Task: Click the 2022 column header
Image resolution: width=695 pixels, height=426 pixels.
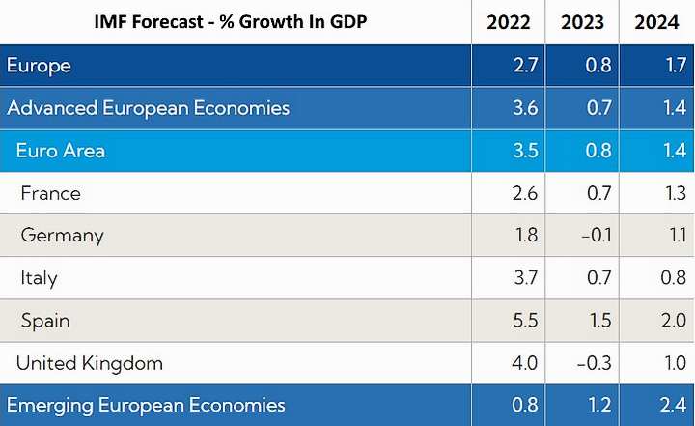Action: tap(508, 22)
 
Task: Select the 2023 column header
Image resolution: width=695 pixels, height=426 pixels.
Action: tap(582, 22)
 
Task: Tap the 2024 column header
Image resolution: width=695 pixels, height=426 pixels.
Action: tap(657, 22)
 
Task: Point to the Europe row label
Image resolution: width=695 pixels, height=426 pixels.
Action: tap(39, 66)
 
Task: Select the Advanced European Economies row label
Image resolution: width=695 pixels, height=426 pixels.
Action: tap(148, 108)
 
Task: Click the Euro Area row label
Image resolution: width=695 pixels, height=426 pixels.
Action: tap(61, 151)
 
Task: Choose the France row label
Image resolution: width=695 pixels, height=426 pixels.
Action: tap(50, 193)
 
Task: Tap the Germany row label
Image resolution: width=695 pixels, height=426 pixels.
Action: tap(62, 236)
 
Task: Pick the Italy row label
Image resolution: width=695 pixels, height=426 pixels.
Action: tap(39, 278)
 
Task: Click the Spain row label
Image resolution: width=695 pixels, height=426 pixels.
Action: tap(45, 321)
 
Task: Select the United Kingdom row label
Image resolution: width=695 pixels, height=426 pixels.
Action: tap(90, 363)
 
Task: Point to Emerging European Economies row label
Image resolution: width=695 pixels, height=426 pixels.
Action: tap(146, 406)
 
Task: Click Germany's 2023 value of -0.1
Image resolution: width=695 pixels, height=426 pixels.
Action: tap(585, 236)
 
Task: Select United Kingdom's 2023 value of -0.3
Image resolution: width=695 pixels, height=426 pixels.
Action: tap(585, 363)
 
